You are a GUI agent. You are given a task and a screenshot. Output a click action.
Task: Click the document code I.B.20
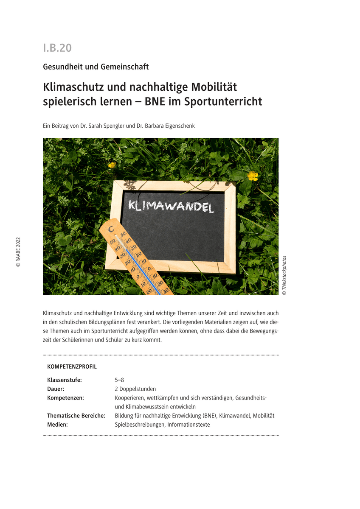[57, 48]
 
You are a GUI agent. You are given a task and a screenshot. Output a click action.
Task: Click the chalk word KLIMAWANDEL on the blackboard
[171, 207]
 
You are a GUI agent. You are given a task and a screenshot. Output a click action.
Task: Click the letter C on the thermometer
[111, 229]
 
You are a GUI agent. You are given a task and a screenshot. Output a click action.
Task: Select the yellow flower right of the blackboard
[253, 175]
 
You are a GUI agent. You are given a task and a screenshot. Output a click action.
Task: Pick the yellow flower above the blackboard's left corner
[112, 165]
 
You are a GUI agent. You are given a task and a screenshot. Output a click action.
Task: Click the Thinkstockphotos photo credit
[284, 275]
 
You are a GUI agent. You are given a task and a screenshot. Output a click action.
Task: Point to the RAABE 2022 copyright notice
[18, 252]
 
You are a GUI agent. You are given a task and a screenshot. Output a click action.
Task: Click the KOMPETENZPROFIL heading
[72, 366]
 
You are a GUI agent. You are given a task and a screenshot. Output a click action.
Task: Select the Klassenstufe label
[65, 380]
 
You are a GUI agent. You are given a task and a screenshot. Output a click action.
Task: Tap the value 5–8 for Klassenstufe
[119, 380]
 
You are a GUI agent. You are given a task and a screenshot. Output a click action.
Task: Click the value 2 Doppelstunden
[135, 389]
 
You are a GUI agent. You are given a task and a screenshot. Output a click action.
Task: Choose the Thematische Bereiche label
[76, 416]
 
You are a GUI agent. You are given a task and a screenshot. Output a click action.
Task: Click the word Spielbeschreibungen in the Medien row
[139, 425]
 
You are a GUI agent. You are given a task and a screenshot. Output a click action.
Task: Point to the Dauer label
[56, 389]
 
